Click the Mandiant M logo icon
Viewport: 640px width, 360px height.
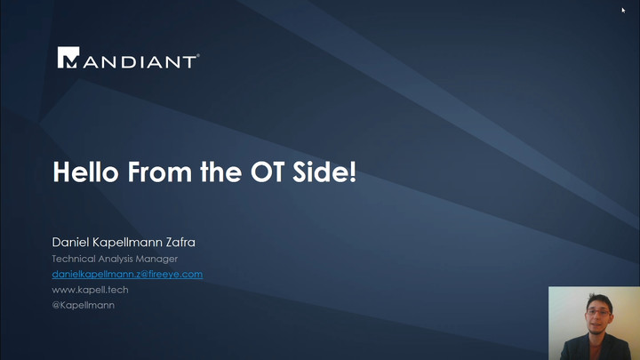click(x=68, y=58)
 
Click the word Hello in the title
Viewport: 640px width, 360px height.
click(x=85, y=172)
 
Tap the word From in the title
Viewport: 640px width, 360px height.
click(x=159, y=172)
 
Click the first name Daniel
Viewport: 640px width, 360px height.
click(x=70, y=243)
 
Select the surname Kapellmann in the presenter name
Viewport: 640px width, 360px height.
click(x=127, y=243)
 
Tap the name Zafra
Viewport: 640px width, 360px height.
click(x=180, y=243)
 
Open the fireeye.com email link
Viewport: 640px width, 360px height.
click(x=127, y=275)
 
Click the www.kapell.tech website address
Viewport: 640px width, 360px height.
click(x=90, y=290)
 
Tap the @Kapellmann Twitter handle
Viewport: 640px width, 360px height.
click(x=84, y=305)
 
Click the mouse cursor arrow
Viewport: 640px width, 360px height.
click(x=623, y=10)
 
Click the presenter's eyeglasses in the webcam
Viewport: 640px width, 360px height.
click(x=598, y=312)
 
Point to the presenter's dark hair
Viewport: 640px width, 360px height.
click(x=599, y=301)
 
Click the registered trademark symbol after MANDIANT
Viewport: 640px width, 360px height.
click(x=198, y=55)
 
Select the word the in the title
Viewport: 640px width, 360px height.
click(x=220, y=172)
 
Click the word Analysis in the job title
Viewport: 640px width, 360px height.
click(x=116, y=260)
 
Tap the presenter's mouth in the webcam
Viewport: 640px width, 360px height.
click(x=596, y=325)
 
